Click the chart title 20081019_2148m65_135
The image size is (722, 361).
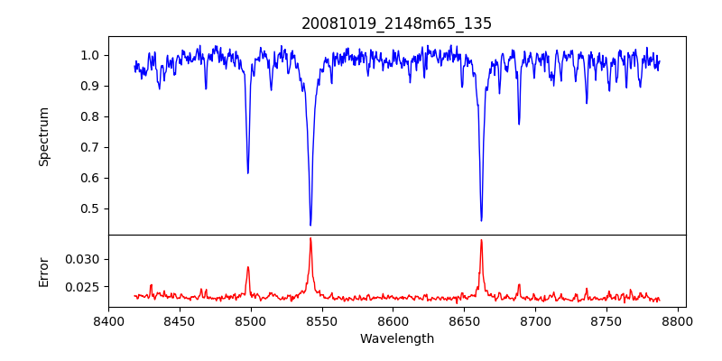coord(396,23)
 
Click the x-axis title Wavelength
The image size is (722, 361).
coord(396,339)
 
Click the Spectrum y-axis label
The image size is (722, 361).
coord(43,136)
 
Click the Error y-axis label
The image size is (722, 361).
coord(43,272)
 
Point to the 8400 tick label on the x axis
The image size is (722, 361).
coord(108,320)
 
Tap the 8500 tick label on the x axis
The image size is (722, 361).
coord(251,320)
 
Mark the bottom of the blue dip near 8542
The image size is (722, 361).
coord(310,225)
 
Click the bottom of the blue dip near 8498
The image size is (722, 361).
coord(248,172)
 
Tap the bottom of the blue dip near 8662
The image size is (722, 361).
coord(481,220)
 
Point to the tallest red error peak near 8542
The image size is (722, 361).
coord(310,238)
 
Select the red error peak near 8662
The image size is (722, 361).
coord(481,240)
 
